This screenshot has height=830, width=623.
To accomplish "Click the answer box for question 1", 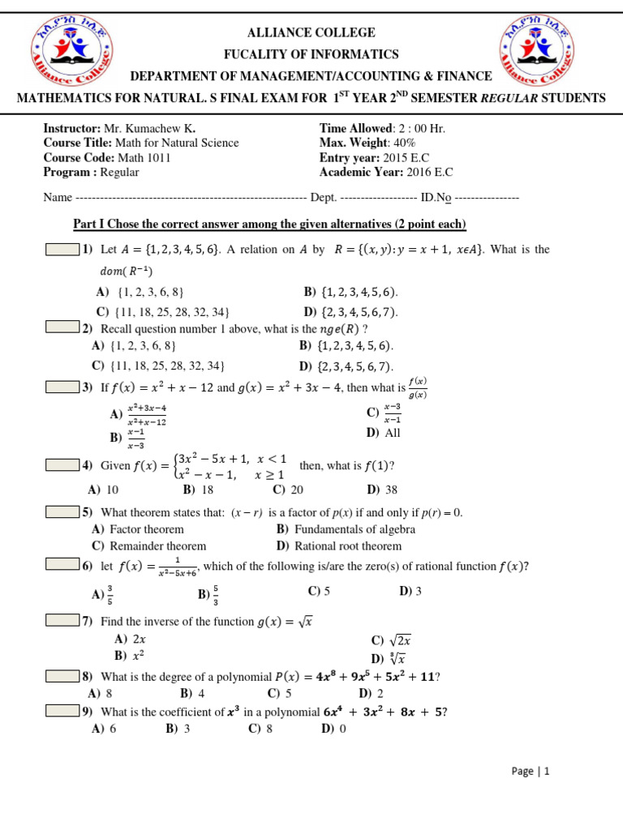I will tap(62, 250).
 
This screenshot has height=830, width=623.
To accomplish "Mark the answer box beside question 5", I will tap(62, 512).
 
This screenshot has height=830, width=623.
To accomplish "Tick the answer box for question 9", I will tap(62, 712).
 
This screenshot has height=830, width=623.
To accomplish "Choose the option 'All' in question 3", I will tap(393, 433).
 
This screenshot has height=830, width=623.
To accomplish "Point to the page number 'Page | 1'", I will tap(531, 772).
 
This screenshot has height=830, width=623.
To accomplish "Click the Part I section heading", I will tap(269, 224).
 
